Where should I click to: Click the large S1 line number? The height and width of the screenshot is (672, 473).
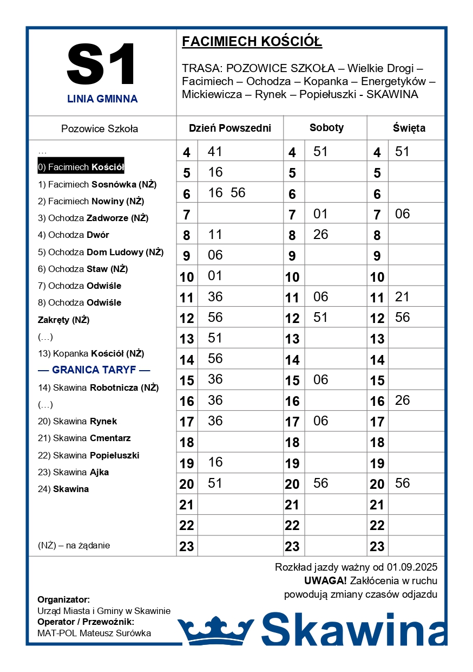click(102, 64)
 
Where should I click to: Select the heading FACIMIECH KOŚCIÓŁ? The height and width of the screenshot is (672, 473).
click(252, 42)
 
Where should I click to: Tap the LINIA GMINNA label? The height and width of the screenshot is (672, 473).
click(102, 99)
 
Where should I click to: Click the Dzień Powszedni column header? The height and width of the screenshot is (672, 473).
click(229, 128)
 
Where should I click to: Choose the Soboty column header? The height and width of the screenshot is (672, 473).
click(326, 128)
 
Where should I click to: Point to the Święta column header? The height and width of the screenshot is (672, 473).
click(409, 128)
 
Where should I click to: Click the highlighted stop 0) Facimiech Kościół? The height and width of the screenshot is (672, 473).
click(81, 167)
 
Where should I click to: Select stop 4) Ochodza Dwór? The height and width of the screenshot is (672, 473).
click(73, 235)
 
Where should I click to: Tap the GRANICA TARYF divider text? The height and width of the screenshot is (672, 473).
click(94, 370)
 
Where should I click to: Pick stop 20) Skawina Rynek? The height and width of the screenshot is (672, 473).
click(77, 422)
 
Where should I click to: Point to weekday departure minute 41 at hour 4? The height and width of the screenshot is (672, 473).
click(215, 152)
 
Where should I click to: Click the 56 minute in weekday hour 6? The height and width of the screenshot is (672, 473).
click(238, 193)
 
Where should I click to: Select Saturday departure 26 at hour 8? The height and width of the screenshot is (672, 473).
click(320, 235)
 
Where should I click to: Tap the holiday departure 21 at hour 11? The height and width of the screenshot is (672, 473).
click(402, 297)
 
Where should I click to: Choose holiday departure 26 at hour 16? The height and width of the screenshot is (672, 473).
click(402, 400)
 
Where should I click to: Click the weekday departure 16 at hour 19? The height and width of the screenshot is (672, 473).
click(215, 462)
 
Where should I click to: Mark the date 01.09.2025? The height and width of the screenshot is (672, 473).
click(412, 568)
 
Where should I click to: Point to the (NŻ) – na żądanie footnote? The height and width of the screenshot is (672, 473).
click(74, 546)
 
